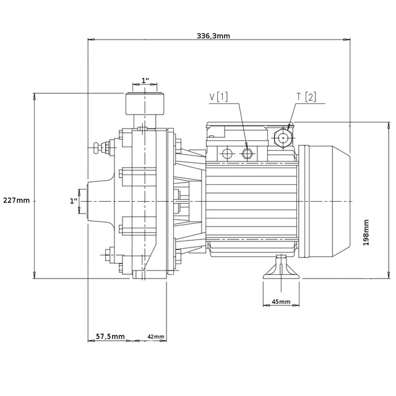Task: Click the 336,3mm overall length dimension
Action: click(213, 36)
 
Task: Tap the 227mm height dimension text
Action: click(16, 200)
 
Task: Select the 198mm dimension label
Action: click(366, 233)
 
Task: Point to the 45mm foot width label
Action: click(281, 301)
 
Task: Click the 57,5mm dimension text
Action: click(110, 337)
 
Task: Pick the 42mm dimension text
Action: click(156, 337)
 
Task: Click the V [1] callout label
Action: click(218, 97)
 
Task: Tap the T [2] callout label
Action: click(306, 97)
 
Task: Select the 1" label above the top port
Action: click(145, 80)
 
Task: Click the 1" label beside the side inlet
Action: click(74, 201)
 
